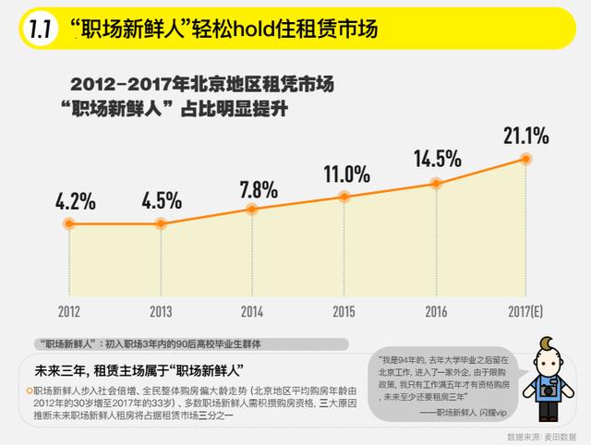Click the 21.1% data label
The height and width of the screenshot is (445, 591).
tap(526, 136)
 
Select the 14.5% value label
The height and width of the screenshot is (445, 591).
tap(437, 158)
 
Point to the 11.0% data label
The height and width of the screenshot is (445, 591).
tap(346, 173)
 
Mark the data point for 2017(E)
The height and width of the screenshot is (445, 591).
tap(526, 159)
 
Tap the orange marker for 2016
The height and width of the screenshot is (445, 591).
tap(436, 184)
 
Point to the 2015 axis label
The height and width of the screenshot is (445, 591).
tap(344, 311)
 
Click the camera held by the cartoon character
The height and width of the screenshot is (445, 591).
tap(548, 391)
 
